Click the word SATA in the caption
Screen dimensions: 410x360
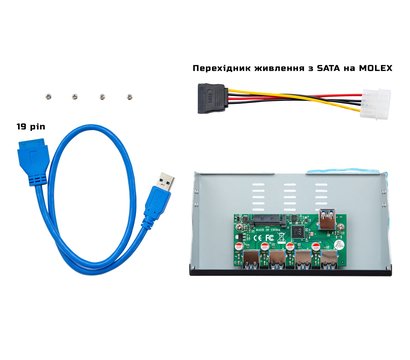[324, 67]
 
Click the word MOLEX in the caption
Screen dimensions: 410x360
[373, 67]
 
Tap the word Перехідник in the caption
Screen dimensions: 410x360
[224, 67]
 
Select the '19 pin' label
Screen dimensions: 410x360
[32, 128]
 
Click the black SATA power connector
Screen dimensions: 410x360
[212, 99]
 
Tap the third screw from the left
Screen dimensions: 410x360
[103, 97]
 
